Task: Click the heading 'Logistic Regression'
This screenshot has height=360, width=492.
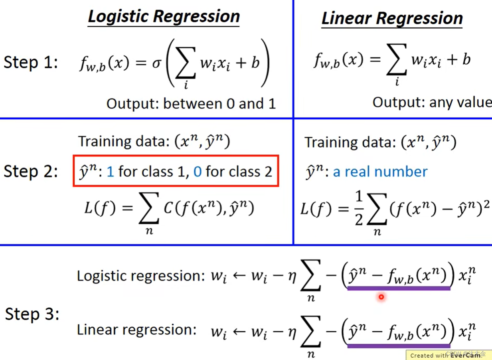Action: pos(164,16)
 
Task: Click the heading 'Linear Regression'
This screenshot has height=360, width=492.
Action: pos(392,18)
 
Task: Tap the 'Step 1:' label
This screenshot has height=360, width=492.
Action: pos(31,63)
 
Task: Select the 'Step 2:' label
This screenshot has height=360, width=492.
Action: pos(31,171)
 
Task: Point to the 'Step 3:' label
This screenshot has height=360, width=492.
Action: pos(32,314)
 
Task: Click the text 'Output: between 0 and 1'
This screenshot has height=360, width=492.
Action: pos(191,104)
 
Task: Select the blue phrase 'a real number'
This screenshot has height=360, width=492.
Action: pos(380,172)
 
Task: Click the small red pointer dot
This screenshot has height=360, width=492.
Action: pos(381,297)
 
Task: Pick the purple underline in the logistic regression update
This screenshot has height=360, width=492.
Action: pos(399,288)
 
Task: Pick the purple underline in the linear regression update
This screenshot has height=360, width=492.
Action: pos(399,346)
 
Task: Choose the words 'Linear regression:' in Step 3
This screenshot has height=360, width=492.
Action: pos(136,330)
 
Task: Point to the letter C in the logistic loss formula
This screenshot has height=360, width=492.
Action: pos(168,208)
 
